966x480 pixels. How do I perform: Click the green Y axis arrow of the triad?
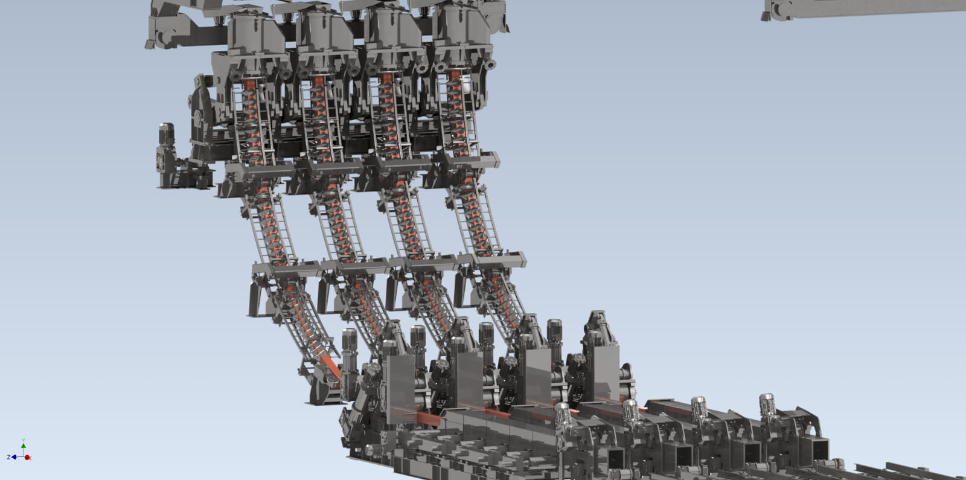point(23,445)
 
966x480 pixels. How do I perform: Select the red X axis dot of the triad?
point(28,458)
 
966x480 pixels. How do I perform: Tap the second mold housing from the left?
point(319,36)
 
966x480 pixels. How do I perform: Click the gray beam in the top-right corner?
point(863,9)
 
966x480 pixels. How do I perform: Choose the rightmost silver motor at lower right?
point(766,404)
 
